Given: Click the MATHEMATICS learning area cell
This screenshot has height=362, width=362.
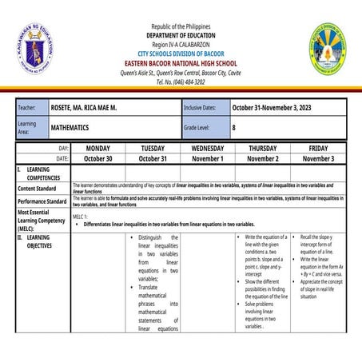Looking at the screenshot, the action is click(76, 127).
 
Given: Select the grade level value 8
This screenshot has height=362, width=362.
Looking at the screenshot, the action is click(234, 127).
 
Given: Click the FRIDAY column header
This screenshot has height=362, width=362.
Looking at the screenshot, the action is click(318, 149).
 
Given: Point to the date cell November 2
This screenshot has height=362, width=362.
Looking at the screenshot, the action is click(263, 158).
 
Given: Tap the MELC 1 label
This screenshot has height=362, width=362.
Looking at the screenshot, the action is click(80, 217).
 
